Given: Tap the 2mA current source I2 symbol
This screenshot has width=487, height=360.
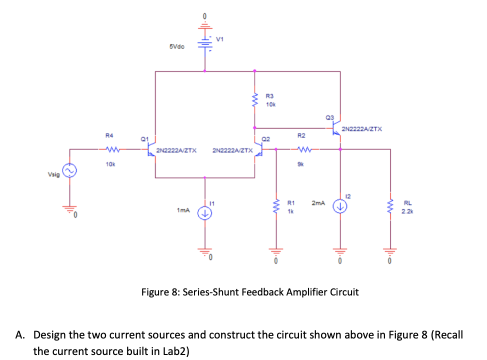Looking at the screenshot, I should tap(340, 206).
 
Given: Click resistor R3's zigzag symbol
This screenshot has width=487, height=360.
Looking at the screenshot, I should tap(255, 100).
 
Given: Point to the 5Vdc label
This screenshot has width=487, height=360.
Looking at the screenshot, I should tap(177, 46).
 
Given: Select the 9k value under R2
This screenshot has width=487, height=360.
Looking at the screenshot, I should tap(301, 162).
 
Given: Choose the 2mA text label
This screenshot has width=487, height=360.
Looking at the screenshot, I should tap(318, 203).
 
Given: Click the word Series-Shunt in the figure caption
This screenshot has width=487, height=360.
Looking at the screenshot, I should tap(211, 292).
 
